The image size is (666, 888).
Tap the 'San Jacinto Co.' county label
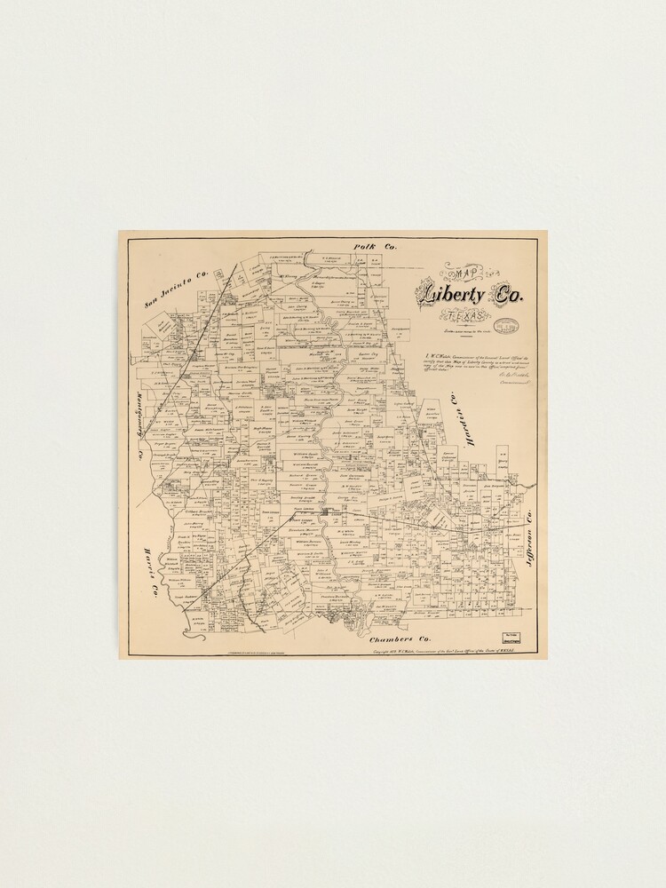pyautogui.click(x=177, y=289)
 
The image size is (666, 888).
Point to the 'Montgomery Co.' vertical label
pyautogui.click(x=140, y=424)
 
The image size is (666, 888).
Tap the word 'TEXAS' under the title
pyautogui.click(x=465, y=317)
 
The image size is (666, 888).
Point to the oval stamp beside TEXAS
pyautogui.click(x=507, y=326)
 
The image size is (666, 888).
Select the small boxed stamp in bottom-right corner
pyautogui.click(x=511, y=637)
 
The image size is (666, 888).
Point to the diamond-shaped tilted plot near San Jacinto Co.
pyautogui.click(x=163, y=325)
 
